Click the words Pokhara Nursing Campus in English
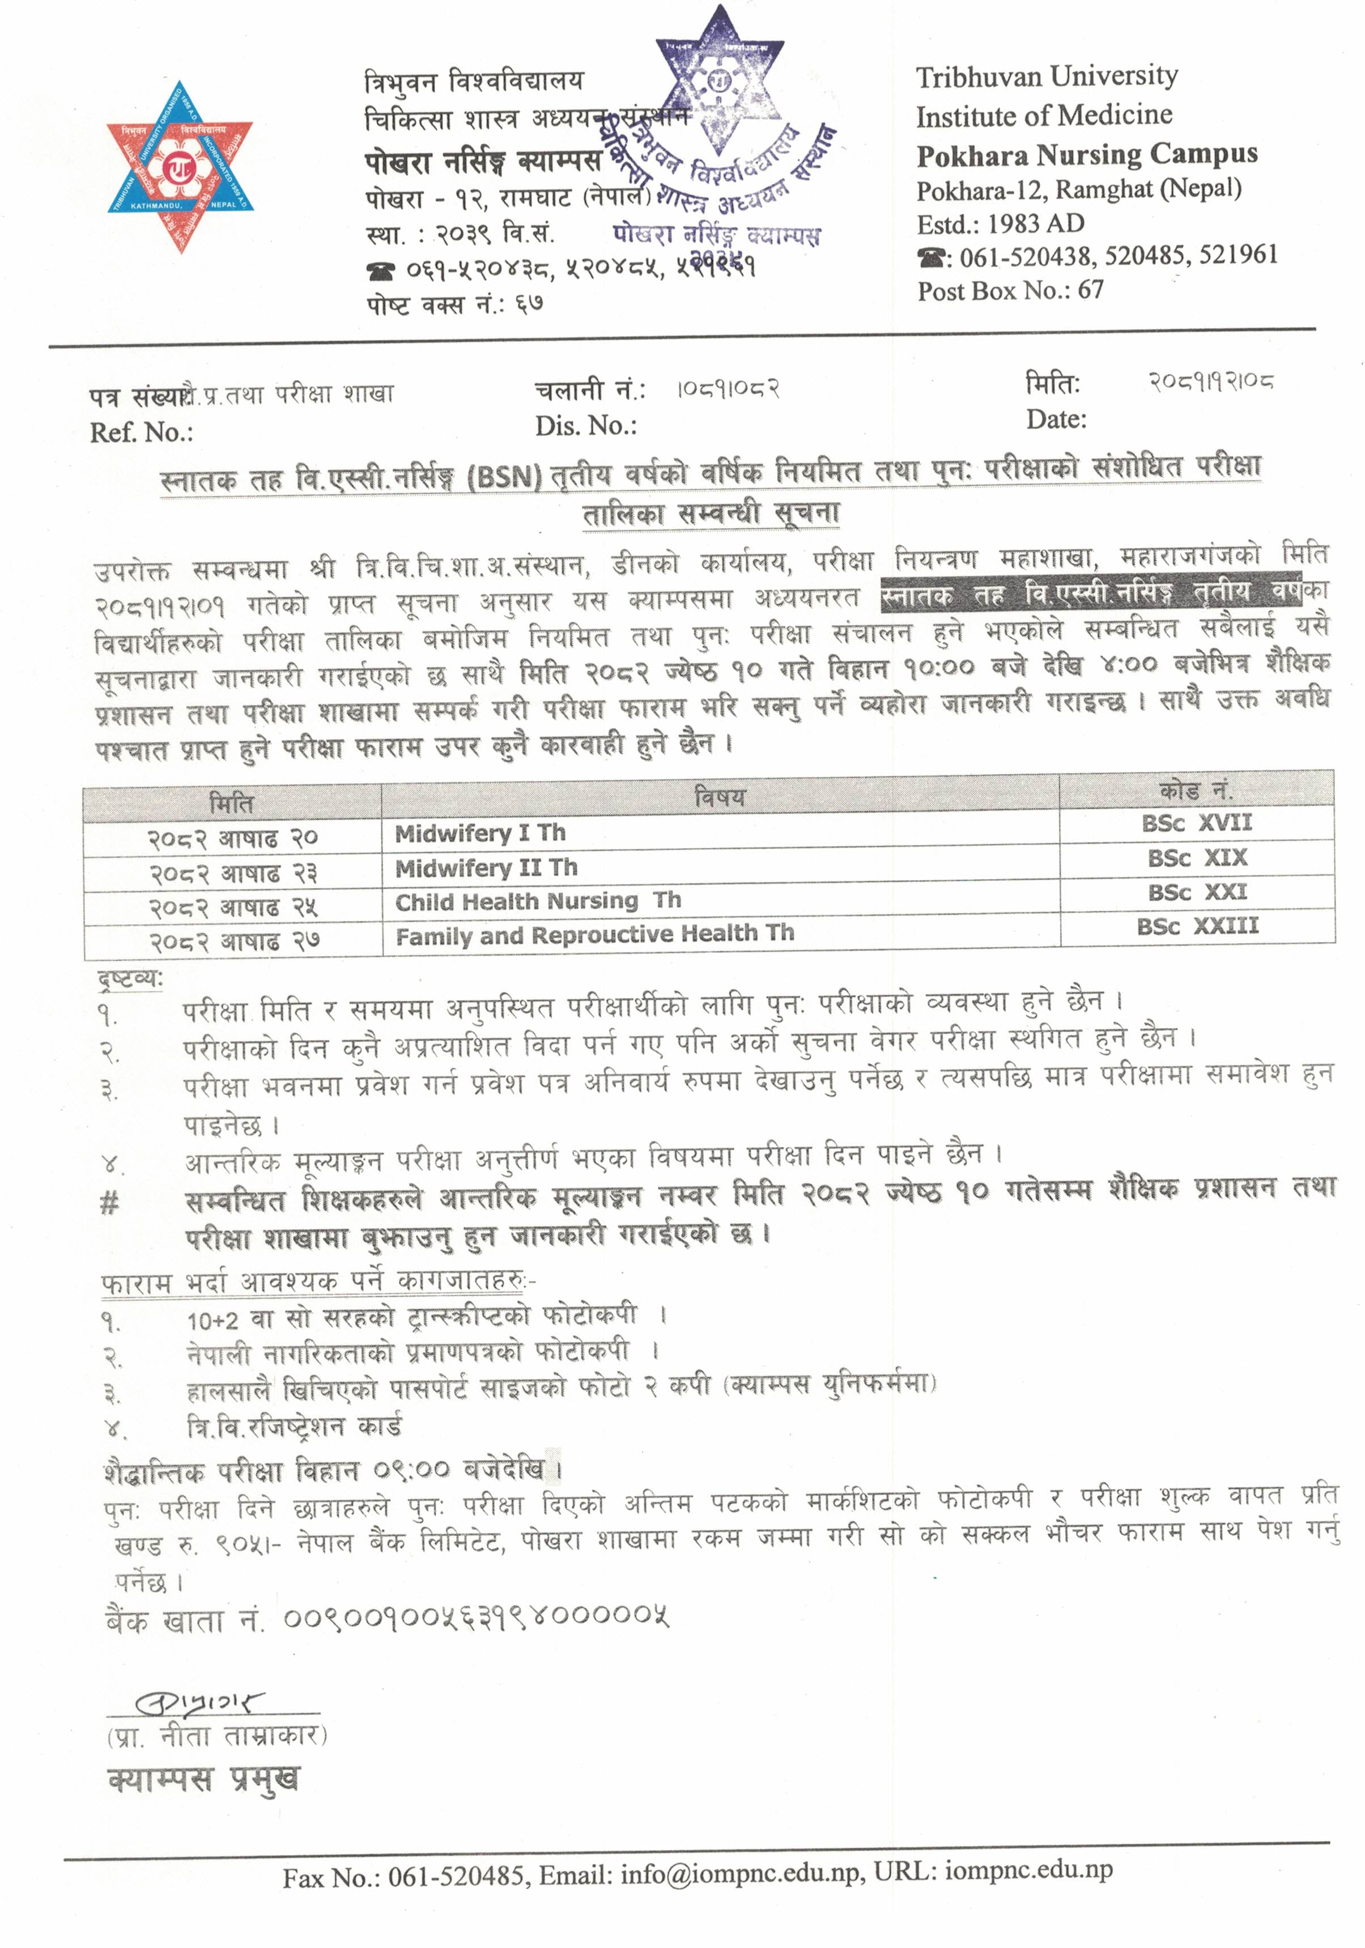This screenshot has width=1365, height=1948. pos(1086,154)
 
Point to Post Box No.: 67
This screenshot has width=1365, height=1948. pos(1010,291)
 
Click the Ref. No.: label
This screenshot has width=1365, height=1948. pos(141,432)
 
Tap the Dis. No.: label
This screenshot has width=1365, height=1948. pos(585,426)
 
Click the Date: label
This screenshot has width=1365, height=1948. pos(1056,419)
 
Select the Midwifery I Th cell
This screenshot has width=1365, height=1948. pos(480,833)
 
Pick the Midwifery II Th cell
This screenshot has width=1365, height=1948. pos(486,868)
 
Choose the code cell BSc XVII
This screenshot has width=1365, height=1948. pos(1196,822)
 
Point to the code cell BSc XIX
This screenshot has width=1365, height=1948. pos(1197,858)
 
